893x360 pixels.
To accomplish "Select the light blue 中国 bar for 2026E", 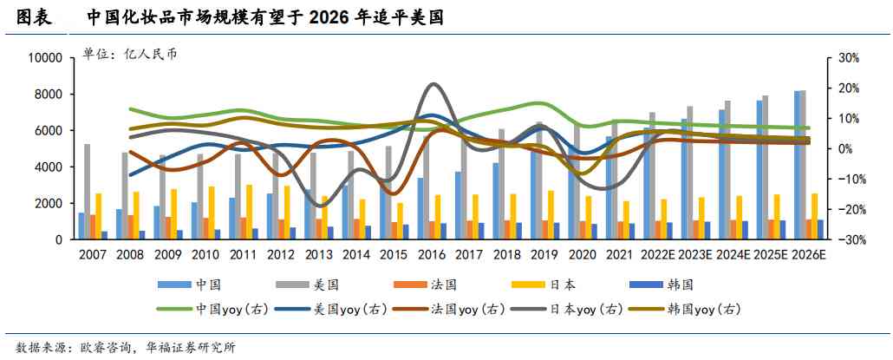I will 798,165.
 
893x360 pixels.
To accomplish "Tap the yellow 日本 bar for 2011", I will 249,212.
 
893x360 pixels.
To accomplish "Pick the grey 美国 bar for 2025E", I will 765,167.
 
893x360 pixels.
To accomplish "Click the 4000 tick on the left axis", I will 49,167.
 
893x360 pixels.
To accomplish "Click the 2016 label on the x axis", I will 432,254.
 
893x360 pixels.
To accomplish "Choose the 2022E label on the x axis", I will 659,254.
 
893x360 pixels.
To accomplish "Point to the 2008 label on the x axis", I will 129,254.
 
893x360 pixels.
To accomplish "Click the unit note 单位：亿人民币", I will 129,54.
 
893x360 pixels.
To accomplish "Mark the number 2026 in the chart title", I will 332,16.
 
